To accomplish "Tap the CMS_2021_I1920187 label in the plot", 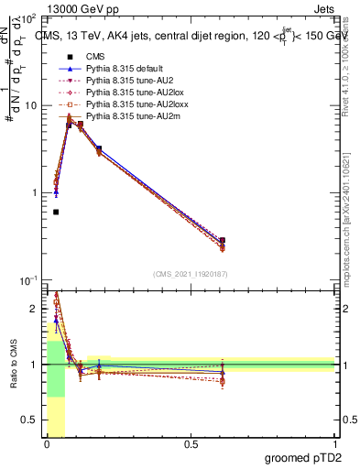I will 191,274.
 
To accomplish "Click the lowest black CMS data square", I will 56,212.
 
